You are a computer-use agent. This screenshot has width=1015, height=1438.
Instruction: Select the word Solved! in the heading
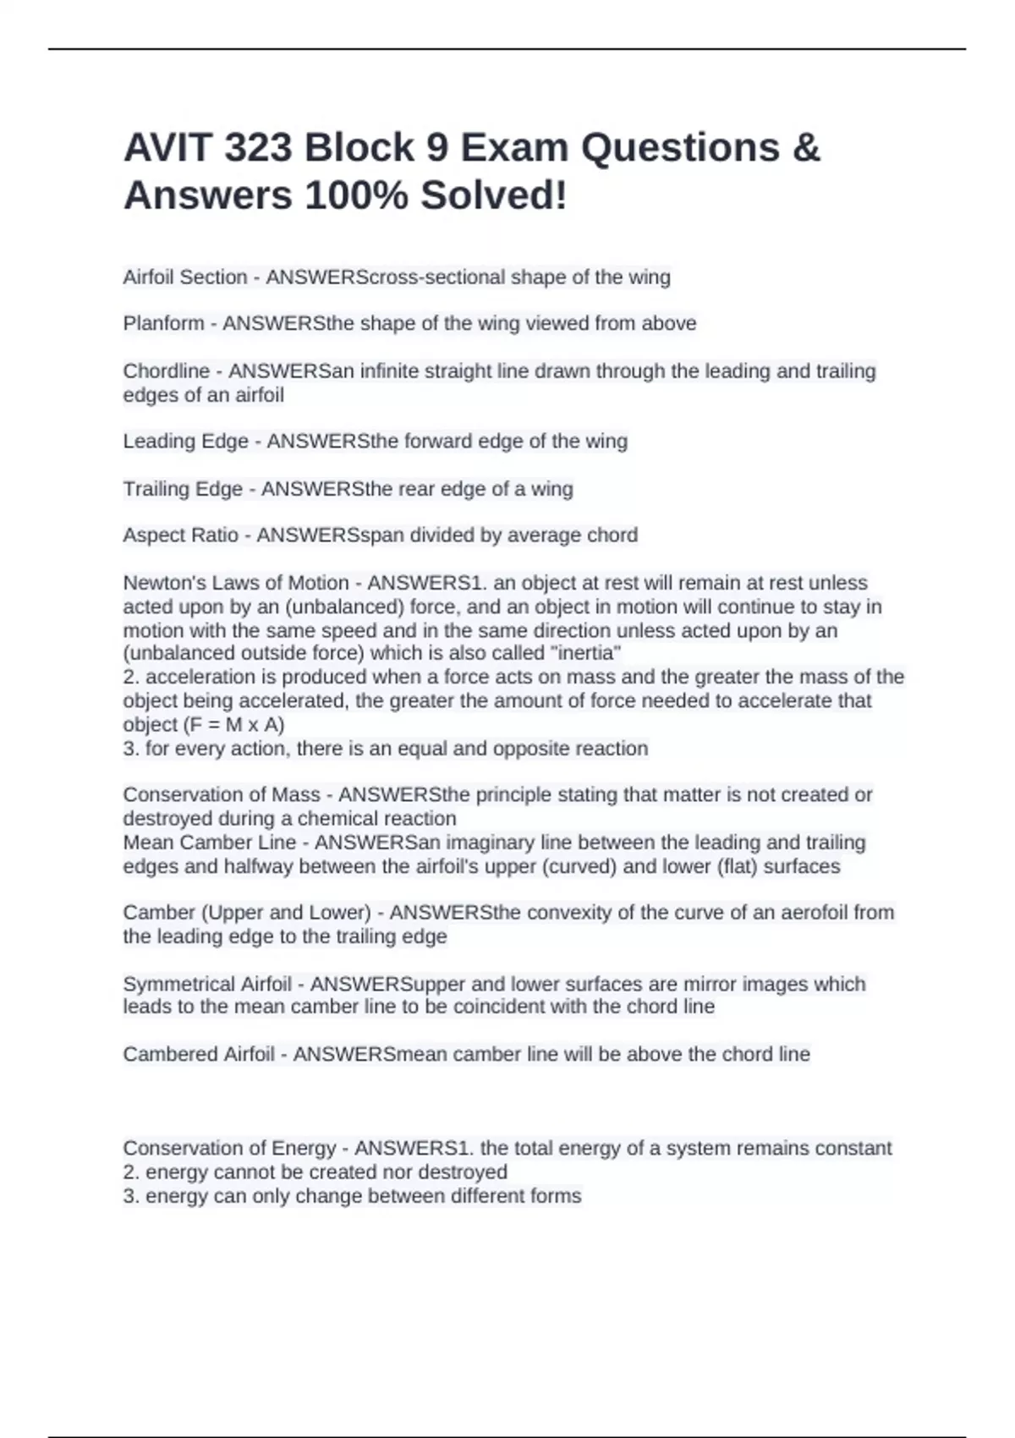coord(494,196)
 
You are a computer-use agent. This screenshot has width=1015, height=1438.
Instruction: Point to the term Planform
coord(163,323)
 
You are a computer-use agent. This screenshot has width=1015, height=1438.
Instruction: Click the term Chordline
coord(166,371)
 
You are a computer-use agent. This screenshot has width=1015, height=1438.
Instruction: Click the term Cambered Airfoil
coord(199,1055)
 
